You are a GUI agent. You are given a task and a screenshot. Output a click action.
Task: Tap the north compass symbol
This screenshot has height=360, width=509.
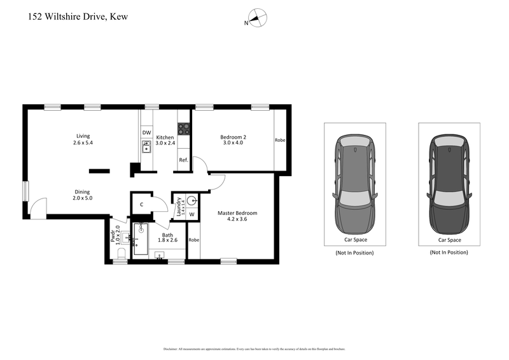(257, 19)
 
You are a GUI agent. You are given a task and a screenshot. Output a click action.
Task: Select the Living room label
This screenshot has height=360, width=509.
(83, 139)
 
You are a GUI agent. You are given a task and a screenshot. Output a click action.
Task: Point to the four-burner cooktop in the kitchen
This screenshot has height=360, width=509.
(183, 128)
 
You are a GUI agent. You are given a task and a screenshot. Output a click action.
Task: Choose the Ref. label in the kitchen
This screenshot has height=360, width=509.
(183, 160)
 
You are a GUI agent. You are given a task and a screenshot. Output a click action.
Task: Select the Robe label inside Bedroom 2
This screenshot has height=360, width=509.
(280, 140)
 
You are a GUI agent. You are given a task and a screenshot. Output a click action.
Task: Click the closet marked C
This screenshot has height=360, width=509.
(142, 204)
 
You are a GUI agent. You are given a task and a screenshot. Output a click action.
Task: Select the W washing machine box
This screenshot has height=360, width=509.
(192, 214)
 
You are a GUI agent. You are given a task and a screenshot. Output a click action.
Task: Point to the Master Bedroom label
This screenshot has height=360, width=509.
(237, 216)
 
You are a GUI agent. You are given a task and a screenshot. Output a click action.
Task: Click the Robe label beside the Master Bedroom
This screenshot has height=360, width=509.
(193, 240)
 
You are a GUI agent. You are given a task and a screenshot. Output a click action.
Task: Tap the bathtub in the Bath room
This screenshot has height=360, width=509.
(140, 240)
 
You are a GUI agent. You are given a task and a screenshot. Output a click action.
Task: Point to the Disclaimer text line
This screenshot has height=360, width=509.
(254, 349)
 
